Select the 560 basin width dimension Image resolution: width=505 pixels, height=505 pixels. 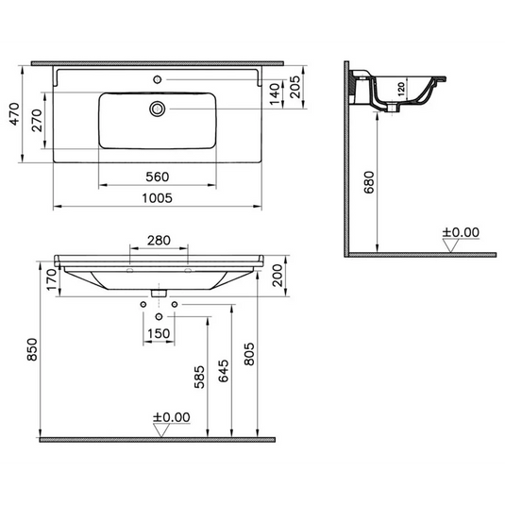[x=157, y=176]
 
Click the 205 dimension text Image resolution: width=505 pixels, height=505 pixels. [x=295, y=89]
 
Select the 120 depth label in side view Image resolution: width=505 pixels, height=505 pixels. [x=400, y=91]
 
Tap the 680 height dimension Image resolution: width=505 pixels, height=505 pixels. [x=368, y=182]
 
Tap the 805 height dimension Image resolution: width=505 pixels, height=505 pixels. [x=250, y=354]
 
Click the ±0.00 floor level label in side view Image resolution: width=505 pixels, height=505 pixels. [x=461, y=231]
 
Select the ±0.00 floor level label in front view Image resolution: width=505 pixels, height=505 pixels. [x=171, y=417]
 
